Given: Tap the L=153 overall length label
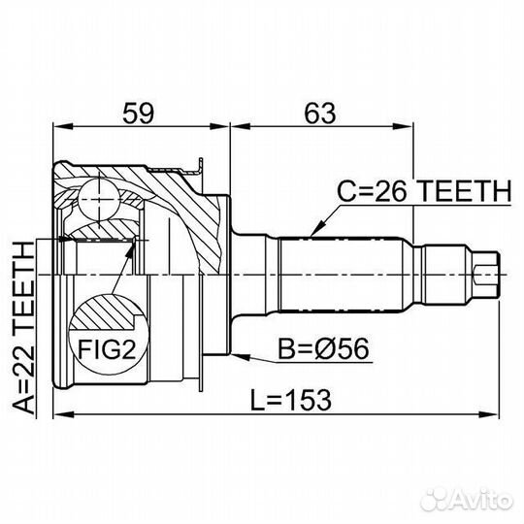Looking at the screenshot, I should click(288, 398).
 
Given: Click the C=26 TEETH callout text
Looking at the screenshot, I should click(423, 192).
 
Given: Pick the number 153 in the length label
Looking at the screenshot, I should click(304, 398).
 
